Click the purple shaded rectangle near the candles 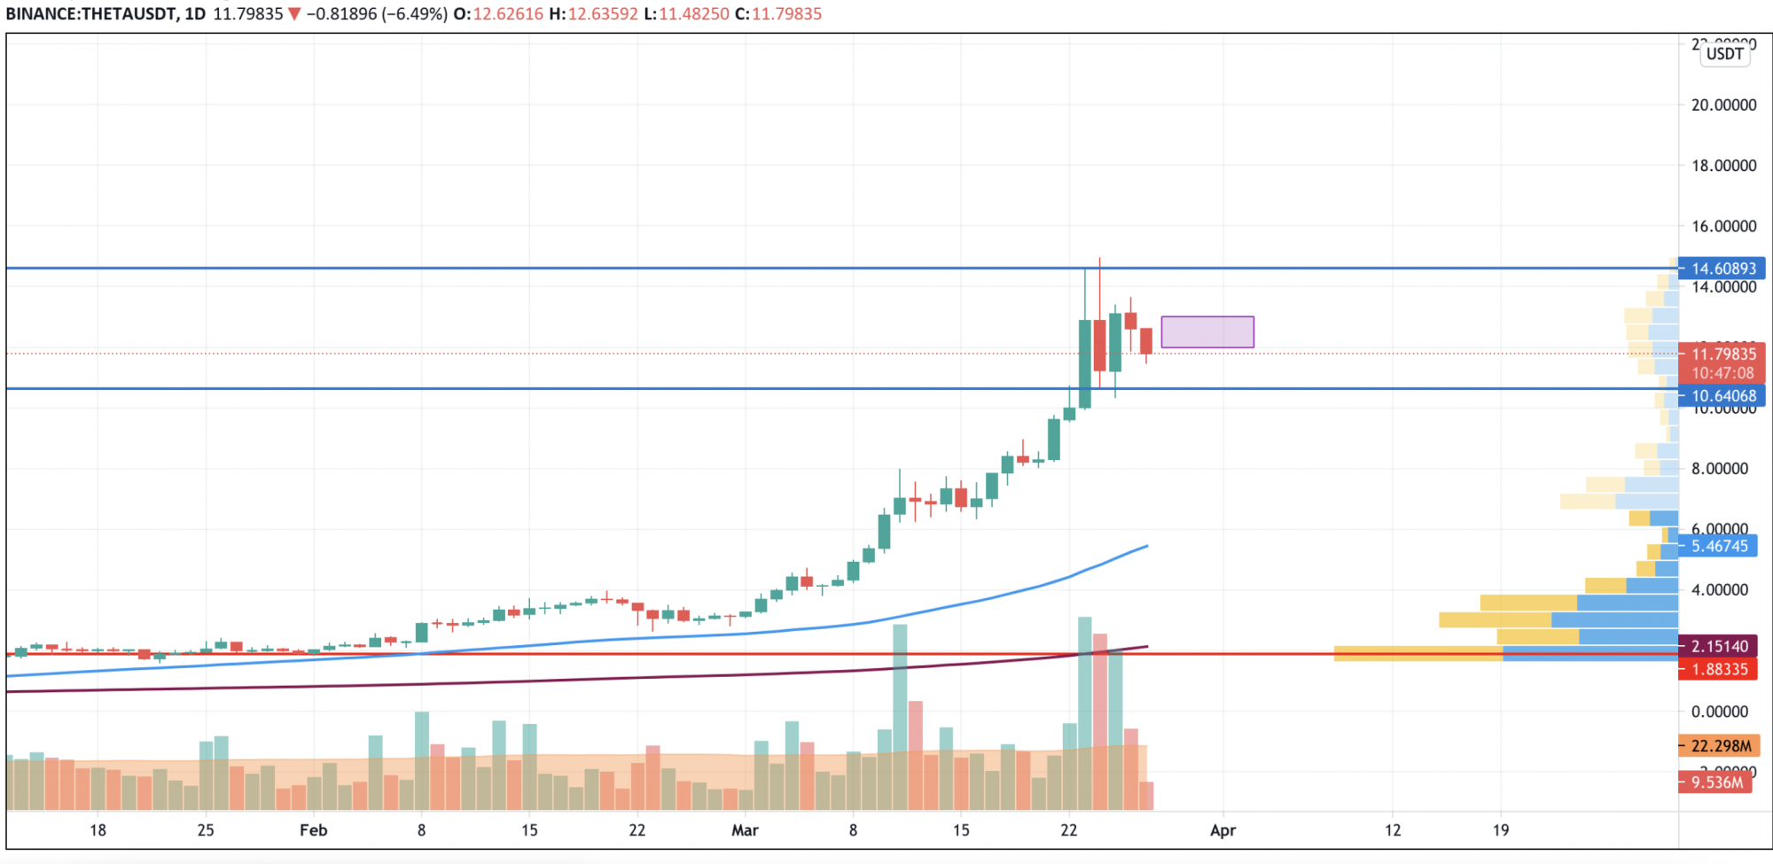point(1207,331)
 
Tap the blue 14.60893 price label point(1722,269)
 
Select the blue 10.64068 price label point(1722,396)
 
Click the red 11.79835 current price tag point(1722,354)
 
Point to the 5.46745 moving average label point(1719,547)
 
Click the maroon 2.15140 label point(1719,647)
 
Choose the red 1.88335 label point(1719,670)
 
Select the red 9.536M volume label point(1716,782)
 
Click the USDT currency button point(1724,54)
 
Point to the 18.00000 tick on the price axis point(1723,166)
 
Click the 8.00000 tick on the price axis point(1719,469)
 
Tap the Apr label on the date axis point(1222,830)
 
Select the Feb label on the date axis point(313,830)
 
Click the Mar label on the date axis point(745,830)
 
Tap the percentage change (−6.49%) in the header point(414,14)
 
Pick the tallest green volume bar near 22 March point(1084,709)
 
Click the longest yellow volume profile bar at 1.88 point(1418,654)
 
